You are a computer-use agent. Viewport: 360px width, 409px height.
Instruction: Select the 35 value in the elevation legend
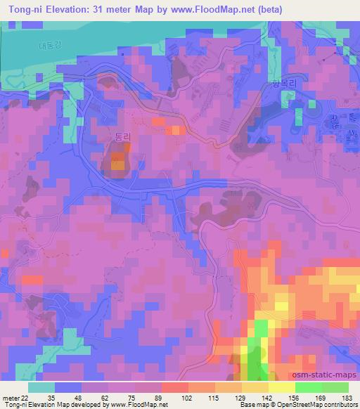tap(51, 397)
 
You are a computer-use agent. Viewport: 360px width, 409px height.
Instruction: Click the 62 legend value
tap(105, 397)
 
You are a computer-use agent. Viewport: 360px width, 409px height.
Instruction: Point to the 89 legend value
tap(160, 397)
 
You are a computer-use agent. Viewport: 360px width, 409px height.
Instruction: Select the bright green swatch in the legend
tap(309, 387)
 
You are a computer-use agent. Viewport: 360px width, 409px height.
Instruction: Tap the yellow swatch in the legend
tap(281, 387)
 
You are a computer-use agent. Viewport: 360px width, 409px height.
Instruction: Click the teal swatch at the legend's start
tap(42, 387)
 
